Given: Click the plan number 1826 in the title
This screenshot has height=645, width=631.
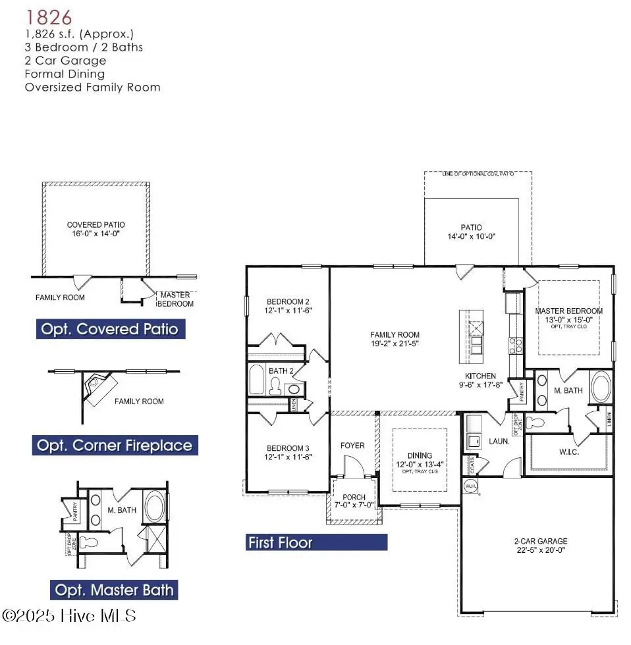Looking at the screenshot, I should [48, 16].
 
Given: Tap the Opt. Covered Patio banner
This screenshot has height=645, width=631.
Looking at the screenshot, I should [110, 328].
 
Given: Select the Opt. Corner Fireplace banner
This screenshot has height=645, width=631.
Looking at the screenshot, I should [115, 446].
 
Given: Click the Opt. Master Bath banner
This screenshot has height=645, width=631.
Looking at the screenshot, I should [115, 590].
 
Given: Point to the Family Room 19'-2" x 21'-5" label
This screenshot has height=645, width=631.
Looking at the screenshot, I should [395, 339].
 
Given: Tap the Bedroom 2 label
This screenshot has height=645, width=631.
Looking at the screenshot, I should [288, 305].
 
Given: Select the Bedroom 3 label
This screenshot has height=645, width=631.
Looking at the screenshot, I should [288, 452].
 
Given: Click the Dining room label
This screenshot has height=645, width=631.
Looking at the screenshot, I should [420, 459].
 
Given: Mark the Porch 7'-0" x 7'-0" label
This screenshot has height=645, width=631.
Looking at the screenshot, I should [354, 501].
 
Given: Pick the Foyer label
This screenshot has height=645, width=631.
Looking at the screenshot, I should [352, 446].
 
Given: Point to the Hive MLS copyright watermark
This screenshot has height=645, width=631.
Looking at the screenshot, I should [69, 615].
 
